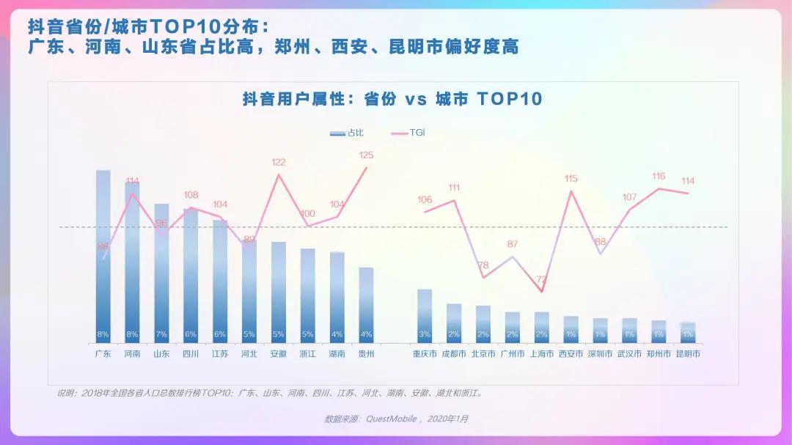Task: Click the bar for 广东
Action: coord(103,257)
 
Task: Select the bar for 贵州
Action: coord(366,304)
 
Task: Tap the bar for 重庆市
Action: coord(425,315)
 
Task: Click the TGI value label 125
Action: coord(366,155)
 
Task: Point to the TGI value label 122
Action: coord(279,162)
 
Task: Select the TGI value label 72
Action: coord(542,279)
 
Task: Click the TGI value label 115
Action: coord(571,178)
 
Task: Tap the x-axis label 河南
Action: coord(132,353)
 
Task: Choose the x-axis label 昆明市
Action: coord(687,353)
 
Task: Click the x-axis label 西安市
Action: coord(571,353)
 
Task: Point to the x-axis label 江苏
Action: coord(220,353)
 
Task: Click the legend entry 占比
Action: coord(347,133)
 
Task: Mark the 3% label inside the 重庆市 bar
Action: coord(425,334)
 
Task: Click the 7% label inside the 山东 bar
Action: coord(161,334)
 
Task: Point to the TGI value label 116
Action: coord(659,176)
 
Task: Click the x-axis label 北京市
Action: coord(483,353)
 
